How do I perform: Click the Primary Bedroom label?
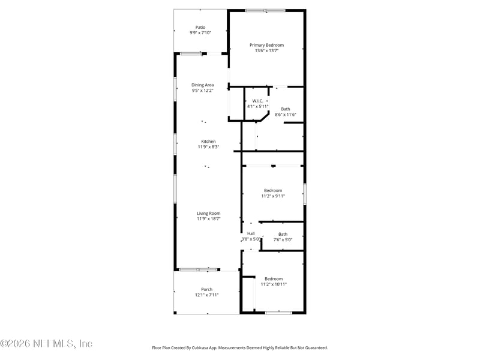coord(266,45)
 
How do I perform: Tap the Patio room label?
coord(200,27)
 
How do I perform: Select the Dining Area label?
coord(202,85)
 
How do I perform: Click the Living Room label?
coord(208,213)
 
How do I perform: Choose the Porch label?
coord(206,289)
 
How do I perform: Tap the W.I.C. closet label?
coord(257,101)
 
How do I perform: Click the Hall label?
coord(250,233)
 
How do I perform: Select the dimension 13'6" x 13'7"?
coord(266,51)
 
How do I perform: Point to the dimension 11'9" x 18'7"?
coord(208,219)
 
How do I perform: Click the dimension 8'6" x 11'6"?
coord(286,115)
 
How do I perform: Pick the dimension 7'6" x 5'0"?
coord(283,240)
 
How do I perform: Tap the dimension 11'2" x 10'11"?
coord(274,284)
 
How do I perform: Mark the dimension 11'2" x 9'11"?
coord(273,196)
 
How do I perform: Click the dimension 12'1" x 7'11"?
coord(206,295)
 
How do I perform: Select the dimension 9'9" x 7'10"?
coord(200,33)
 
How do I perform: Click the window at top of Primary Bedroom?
coord(265,10)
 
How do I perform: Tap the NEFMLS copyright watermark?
coord(46,344)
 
